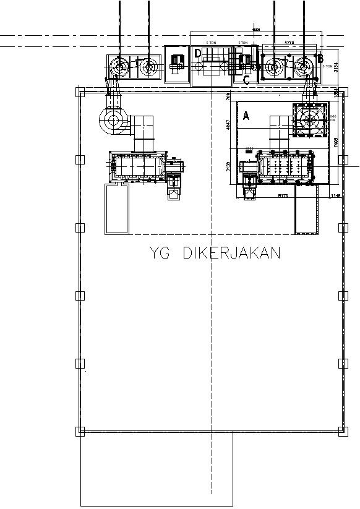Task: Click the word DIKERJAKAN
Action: pos(232,253)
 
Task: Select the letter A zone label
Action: pos(246,116)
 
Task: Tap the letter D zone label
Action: pos(198,53)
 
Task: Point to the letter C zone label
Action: pos(246,79)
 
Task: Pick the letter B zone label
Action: pos(320,59)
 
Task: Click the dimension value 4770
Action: pos(289,43)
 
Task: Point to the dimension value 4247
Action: pos(228,127)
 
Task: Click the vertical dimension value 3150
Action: pos(228,167)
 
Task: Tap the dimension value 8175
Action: pos(283,196)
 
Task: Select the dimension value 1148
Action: pos(336,196)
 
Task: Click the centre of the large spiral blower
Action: pos(113,120)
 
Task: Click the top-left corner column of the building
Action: pos(79,92)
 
